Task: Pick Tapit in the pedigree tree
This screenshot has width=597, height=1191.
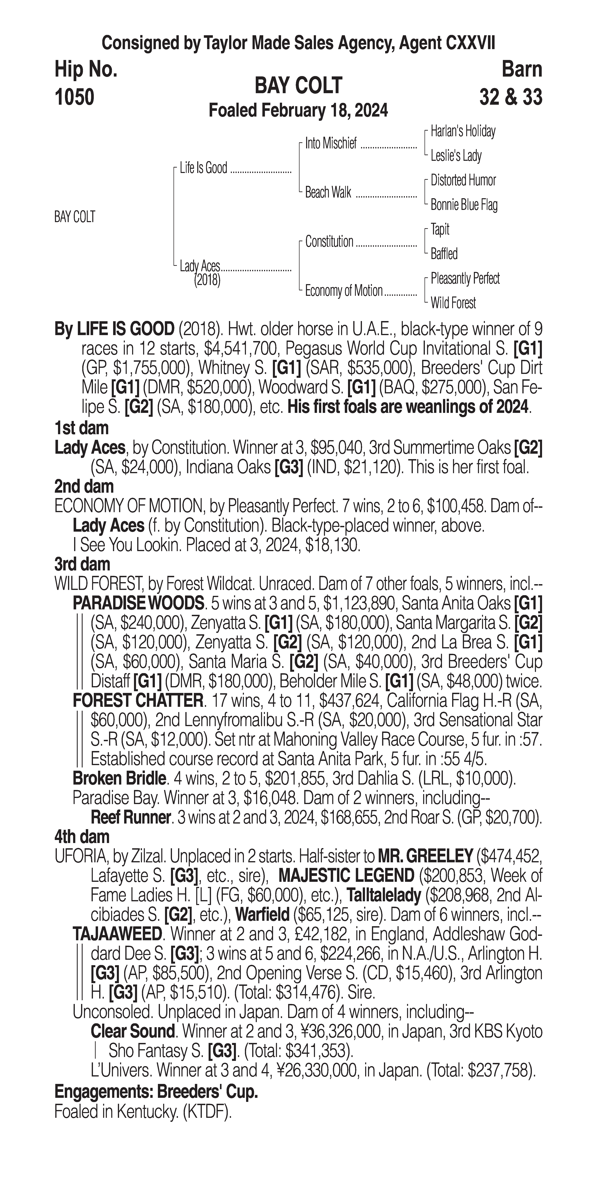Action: (x=440, y=229)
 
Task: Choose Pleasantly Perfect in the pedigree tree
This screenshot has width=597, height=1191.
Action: (x=465, y=278)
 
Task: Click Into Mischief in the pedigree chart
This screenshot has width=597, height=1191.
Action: (x=331, y=144)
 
